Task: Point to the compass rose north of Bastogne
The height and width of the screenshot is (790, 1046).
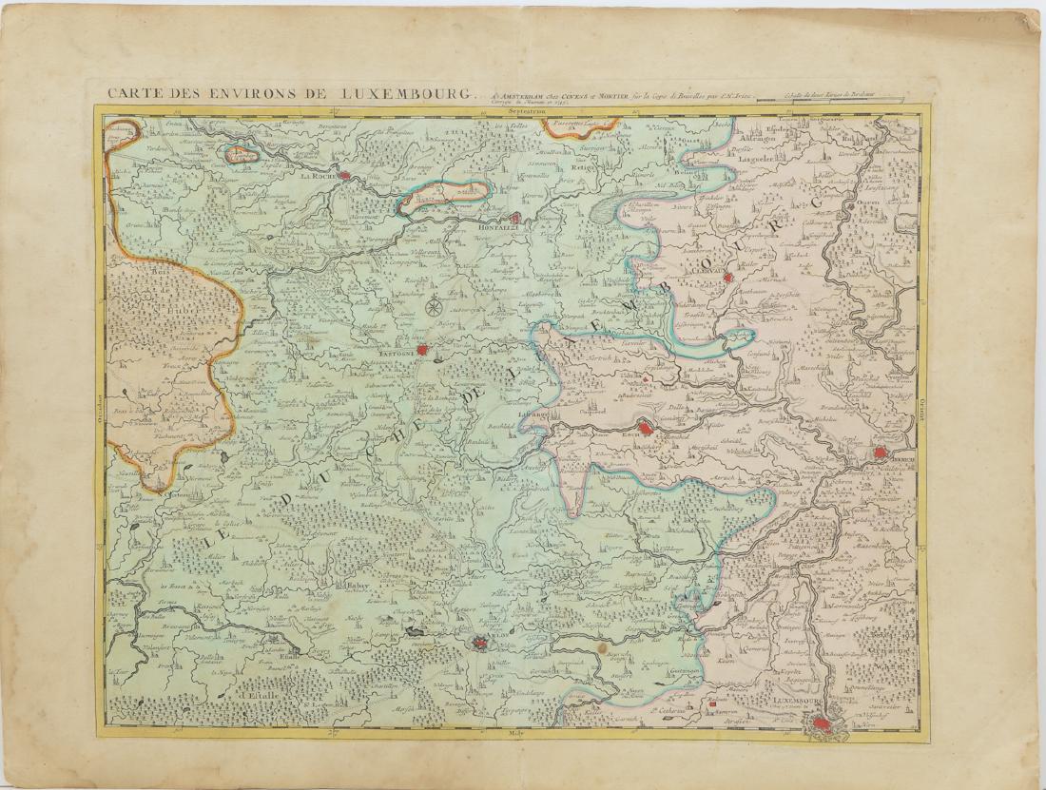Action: pos(434,306)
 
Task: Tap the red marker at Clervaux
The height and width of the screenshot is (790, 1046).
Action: pos(727,279)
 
